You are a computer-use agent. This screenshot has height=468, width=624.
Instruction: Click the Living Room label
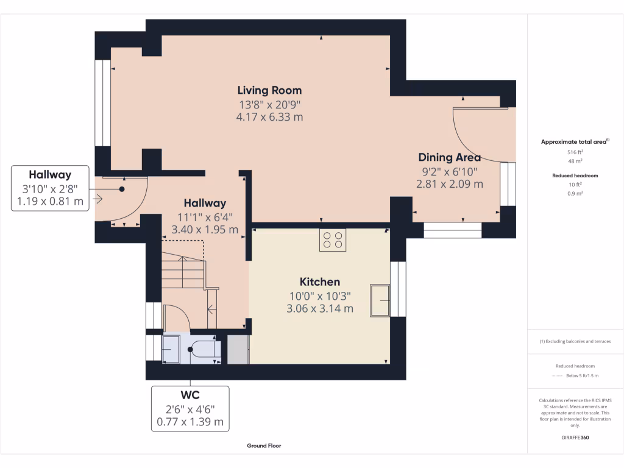269,91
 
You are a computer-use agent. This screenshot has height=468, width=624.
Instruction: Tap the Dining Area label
449,158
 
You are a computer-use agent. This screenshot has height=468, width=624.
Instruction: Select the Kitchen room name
319,282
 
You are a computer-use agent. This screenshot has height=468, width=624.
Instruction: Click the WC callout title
190,395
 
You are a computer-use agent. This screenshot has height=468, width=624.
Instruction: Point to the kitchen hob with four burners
333,240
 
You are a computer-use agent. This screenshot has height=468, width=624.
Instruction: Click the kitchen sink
380,300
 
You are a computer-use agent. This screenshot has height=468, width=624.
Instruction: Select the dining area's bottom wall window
452,230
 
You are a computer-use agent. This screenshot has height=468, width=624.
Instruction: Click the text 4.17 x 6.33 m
269,117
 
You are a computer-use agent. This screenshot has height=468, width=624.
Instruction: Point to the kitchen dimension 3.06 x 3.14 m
319,309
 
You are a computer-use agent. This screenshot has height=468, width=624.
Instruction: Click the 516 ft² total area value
575,152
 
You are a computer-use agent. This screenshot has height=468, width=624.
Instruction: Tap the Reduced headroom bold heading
575,175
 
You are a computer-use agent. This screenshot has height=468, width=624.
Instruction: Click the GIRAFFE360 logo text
575,438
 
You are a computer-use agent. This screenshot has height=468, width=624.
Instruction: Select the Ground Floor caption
264,446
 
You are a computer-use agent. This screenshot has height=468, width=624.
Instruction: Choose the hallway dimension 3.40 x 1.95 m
205,230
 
